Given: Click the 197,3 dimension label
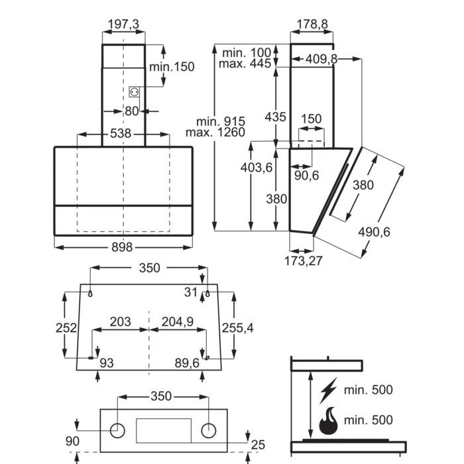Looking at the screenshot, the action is (123, 25).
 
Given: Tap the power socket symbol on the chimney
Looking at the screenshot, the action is (134, 92).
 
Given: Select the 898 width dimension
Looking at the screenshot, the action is (122, 247).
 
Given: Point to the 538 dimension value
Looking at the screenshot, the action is (121, 133).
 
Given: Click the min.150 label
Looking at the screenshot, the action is (172, 67).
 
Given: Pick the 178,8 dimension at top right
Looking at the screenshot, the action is (312, 25).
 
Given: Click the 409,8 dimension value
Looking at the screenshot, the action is (321, 59).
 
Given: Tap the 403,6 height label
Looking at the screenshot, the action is (257, 168).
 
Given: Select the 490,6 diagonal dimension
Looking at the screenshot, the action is (374, 232).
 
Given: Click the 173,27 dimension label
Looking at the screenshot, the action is (304, 261).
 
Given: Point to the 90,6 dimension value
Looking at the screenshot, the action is (306, 176).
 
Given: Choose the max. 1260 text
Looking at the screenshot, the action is (215, 133).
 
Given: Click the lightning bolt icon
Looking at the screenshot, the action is (329, 390).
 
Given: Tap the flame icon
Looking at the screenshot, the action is (329, 421).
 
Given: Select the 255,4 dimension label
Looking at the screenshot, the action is (237, 328).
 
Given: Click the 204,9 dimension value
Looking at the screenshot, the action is (178, 321).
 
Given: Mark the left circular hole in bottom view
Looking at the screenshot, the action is (117, 431).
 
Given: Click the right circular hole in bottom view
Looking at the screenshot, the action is (209, 431).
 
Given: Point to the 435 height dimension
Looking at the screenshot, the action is (275, 117).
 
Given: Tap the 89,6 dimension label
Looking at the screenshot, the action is (187, 363).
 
